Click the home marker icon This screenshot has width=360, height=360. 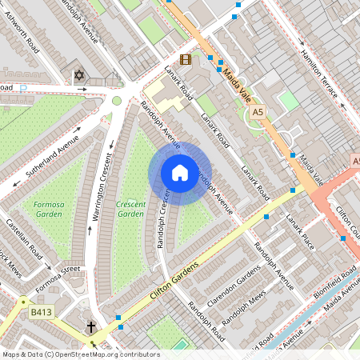coord(180,173)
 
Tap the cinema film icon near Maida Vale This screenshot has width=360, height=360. coord(186,59)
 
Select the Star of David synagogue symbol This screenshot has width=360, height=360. coord(78,76)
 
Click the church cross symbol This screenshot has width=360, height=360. coord(91,327)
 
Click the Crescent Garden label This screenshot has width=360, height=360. coord(130,209)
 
